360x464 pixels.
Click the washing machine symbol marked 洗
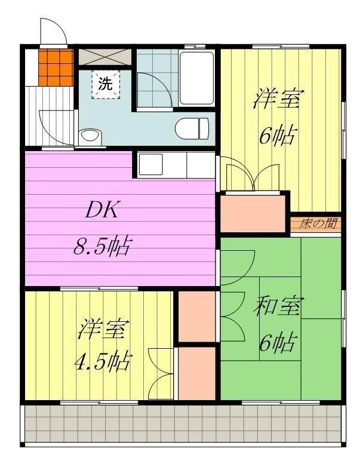(x=106, y=84)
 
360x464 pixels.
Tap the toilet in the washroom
(x=192, y=128)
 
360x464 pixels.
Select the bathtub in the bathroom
(x=196, y=78)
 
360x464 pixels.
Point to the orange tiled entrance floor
(x=56, y=67)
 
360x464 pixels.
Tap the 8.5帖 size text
(x=101, y=246)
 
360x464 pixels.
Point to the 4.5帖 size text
(x=102, y=361)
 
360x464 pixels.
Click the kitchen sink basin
(x=151, y=165)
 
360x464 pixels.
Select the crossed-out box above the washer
(x=105, y=57)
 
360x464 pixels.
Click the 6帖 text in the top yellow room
(x=277, y=136)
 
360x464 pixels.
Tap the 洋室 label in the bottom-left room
(x=103, y=329)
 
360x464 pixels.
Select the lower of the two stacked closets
(x=196, y=373)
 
